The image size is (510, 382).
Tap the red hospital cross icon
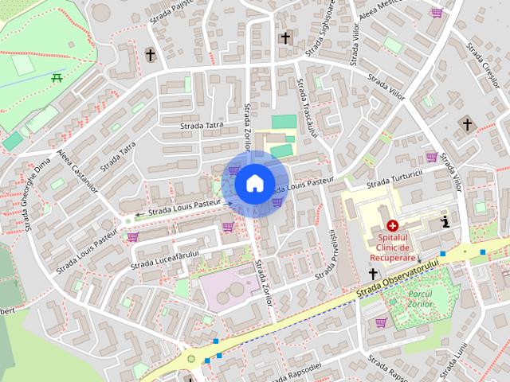[393, 226]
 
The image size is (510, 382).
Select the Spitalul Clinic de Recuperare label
[392, 248]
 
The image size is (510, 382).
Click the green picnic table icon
[57, 77]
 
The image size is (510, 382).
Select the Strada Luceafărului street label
[165, 257]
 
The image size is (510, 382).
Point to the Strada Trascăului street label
[307, 107]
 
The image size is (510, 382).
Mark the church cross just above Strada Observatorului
[372, 274]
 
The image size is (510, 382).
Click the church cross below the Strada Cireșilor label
[468, 124]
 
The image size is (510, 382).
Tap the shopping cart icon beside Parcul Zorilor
[381, 322]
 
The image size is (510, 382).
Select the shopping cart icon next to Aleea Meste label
[436, 13]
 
